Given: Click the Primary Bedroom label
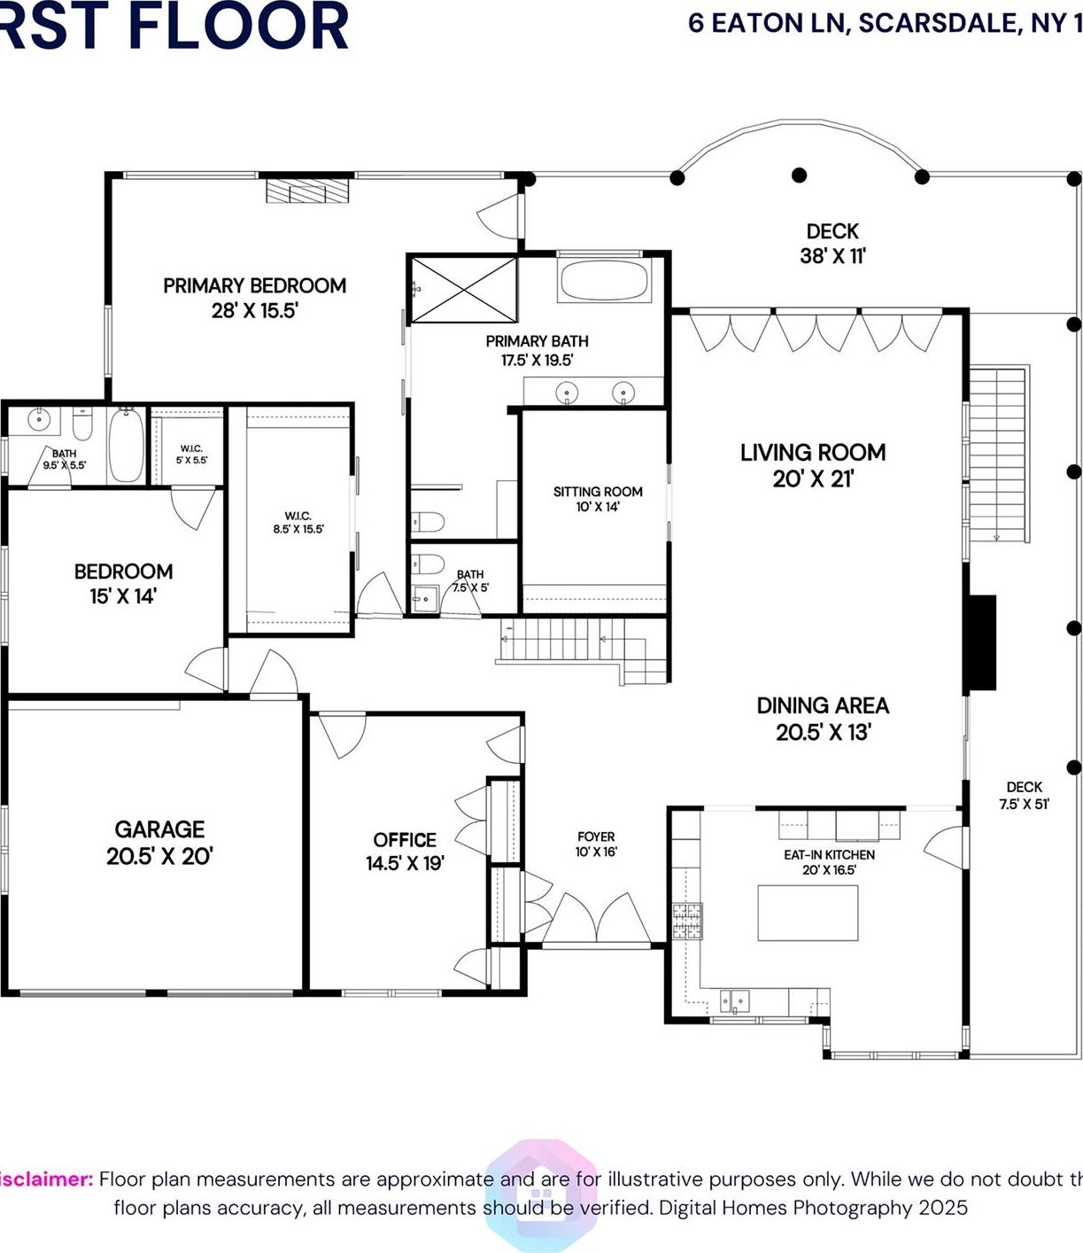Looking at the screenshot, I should tap(254, 286).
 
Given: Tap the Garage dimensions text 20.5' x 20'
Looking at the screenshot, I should tap(159, 856).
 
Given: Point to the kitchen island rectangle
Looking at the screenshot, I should tap(808, 913).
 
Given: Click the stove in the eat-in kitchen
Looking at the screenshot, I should tap(687, 921).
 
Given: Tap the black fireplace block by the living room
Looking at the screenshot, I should tap(980, 643).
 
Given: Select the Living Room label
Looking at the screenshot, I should tap(813, 453).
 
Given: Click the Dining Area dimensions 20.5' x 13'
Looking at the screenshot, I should tap(823, 733).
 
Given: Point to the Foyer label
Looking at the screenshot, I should tap(596, 837).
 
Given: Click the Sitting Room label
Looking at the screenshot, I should tap(598, 492).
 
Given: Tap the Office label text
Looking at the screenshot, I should tap(405, 840).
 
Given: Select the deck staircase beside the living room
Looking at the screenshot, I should tap(998, 453).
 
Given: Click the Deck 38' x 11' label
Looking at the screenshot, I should tap(832, 244).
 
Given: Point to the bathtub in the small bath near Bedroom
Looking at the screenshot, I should tap(126, 445).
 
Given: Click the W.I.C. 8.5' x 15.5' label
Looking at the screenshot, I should tap(298, 522).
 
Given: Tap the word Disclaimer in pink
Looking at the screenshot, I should tap(44, 1179).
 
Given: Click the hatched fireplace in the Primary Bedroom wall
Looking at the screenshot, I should tap(308, 191).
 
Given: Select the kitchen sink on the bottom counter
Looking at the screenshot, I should tap(734, 1001).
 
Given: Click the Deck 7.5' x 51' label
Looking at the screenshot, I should tap(1025, 796).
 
